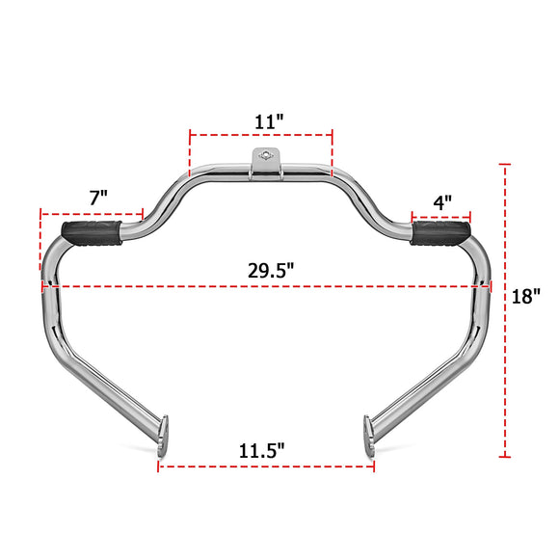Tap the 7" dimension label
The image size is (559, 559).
click(x=97, y=196)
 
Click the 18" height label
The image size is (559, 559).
click(x=526, y=296)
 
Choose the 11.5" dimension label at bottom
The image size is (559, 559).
click(x=261, y=450)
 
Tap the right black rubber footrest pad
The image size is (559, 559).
click(x=442, y=232)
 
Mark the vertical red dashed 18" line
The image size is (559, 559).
click(x=504, y=308)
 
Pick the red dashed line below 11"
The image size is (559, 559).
click(x=260, y=135)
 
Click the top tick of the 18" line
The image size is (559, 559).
click(x=504, y=165)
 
